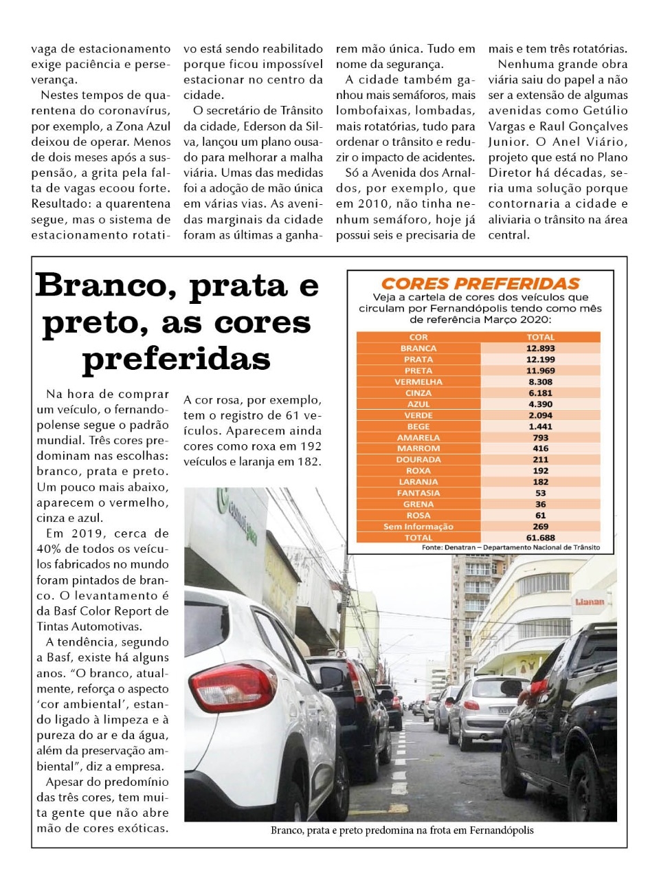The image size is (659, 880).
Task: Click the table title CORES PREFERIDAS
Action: pos(480,283)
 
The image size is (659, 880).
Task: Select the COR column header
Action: pos(418,337)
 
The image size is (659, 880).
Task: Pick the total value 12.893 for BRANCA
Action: pos(540,349)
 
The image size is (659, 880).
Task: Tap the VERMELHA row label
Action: pos(418,382)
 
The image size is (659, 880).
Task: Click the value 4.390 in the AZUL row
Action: pos(540,404)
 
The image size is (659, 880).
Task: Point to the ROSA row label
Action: pos(418,515)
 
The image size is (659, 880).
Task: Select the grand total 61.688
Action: pos(540,538)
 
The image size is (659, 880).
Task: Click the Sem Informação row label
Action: pos(418,527)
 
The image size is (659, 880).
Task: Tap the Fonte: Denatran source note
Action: pos(511,547)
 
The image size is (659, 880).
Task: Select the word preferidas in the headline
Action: pos(176,359)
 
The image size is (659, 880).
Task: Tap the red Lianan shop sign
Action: pos(589,602)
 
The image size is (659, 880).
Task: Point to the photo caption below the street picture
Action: pos(402,830)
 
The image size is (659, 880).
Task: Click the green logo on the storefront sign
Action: pos(223,502)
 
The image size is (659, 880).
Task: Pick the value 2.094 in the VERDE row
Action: pos(540,415)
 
